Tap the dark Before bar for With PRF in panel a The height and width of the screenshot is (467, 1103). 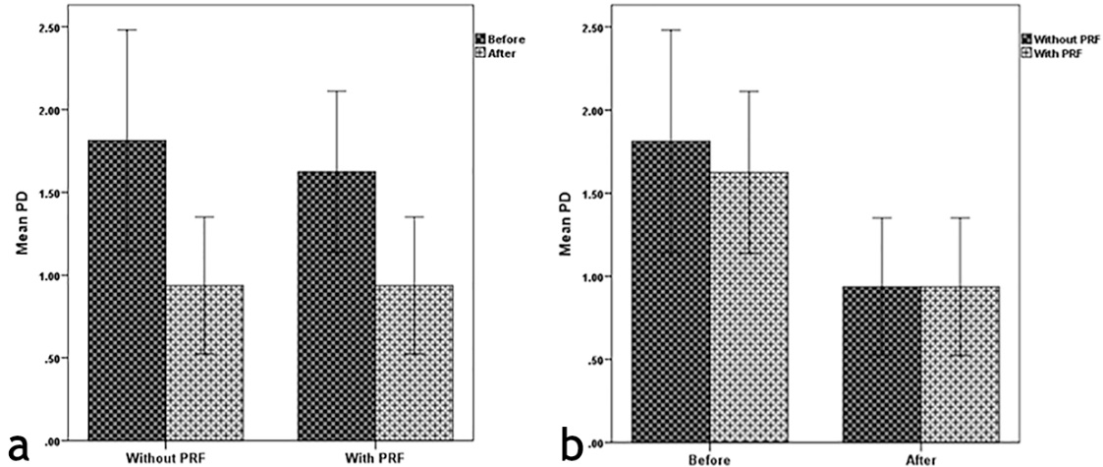tap(336, 306)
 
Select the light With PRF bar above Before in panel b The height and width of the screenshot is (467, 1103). tap(748, 306)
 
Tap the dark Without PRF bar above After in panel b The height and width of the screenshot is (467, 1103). tap(881, 363)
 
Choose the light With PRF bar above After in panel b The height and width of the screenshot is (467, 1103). tap(960, 363)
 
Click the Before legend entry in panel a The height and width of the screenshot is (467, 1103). tap(502, 39)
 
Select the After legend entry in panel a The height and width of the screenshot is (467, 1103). tap(497, 53)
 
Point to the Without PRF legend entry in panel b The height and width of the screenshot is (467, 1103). tap(1055, 38)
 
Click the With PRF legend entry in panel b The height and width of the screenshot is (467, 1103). tap(1048, 52)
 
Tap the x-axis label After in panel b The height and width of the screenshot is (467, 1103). tap(920, 457)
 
